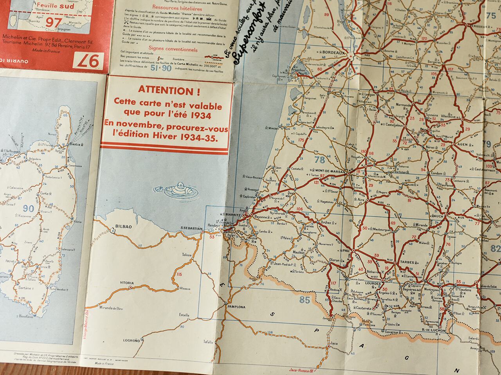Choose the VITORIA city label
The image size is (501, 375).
point(127,283)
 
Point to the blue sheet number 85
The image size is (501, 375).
point(305,300)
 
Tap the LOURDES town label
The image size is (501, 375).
point(372,284)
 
